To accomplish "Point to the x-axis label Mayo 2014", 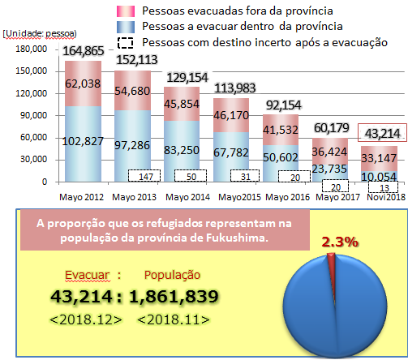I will point(186,195).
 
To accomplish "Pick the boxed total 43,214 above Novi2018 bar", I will point(380,133).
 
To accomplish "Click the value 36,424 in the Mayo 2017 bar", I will point(332,149).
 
